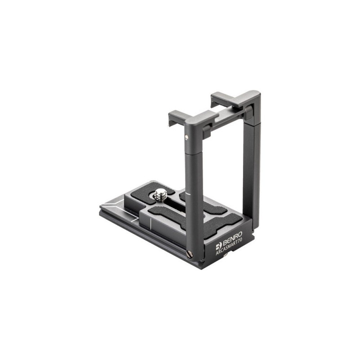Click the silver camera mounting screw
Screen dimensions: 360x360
(161, 195)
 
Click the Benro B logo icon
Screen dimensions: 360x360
(219, 246)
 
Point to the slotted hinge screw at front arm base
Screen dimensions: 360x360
(190, 255)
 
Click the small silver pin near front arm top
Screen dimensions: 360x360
(186, 137)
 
